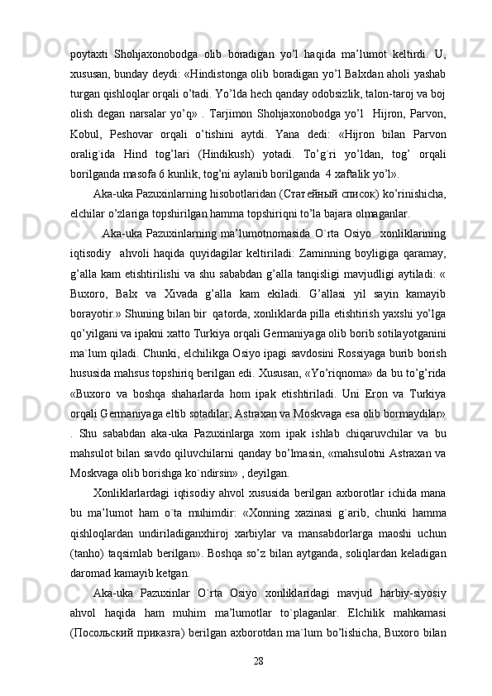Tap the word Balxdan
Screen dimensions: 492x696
pyautogui.click(x=357, y=52)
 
